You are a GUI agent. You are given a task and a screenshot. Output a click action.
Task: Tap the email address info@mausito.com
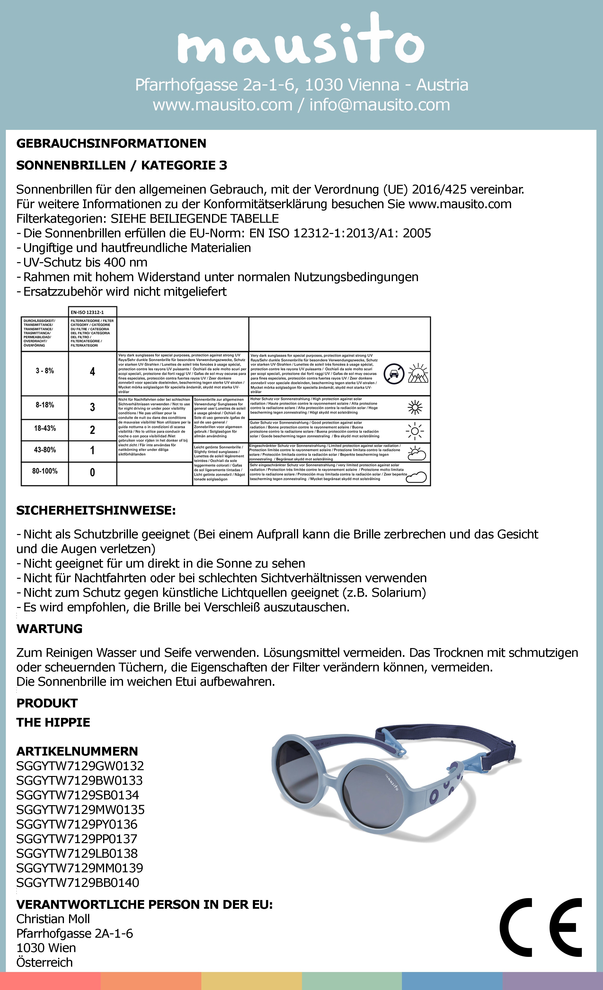(379, 105)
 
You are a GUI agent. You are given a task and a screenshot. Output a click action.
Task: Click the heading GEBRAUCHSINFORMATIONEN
(111, 143)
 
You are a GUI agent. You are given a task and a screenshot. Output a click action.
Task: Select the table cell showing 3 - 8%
(44, 371)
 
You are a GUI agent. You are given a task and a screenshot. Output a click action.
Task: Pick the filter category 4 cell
(92, 372)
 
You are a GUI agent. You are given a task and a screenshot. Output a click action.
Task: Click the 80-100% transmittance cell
(44, 471)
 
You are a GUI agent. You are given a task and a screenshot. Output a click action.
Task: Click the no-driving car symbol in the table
(394, 374)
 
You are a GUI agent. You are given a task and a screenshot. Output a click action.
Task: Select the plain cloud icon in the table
(416, 477)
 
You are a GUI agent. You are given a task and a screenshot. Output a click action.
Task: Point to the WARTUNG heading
(49, 629)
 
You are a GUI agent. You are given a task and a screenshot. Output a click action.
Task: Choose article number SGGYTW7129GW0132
(80, 766)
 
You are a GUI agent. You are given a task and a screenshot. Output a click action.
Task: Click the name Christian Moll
(53, 919)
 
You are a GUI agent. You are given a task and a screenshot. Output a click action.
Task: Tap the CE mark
(540, 927)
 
